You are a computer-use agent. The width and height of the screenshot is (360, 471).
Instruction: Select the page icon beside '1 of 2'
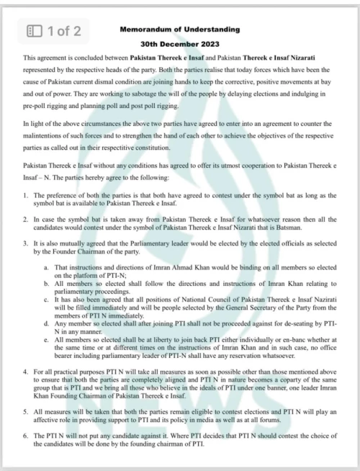pos(34,30)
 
